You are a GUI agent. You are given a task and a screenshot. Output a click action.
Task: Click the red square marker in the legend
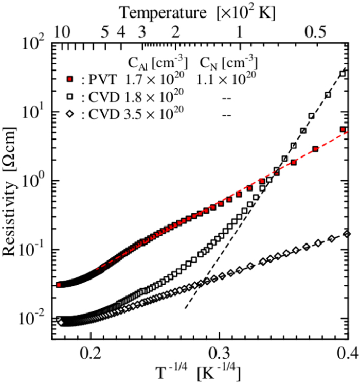72,79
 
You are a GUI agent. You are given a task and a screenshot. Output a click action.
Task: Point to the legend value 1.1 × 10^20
227,79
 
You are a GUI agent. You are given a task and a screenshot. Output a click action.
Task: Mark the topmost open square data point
343,74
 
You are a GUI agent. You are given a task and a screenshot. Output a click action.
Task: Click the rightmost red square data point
343,130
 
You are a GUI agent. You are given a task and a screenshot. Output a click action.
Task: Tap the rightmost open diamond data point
346,234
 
